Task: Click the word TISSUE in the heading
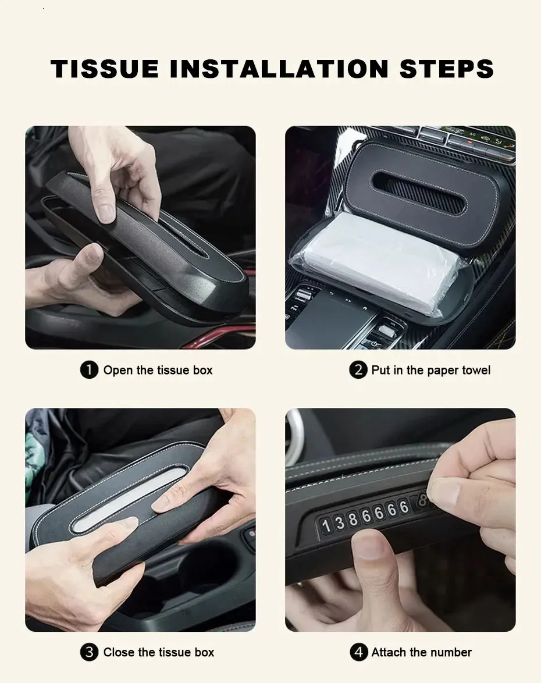point(105,69)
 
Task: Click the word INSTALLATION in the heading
point(279,69)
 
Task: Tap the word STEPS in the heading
point(447,69)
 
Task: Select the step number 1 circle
point(90,370)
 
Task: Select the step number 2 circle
point(358,370)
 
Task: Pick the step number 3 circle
point(90,652)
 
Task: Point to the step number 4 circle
point(359,652)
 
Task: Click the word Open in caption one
point(118,371)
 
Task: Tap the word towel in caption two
point(476,370)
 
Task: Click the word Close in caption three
point(119,652)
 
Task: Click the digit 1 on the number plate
point(326,526)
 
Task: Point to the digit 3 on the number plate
point(340,522)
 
